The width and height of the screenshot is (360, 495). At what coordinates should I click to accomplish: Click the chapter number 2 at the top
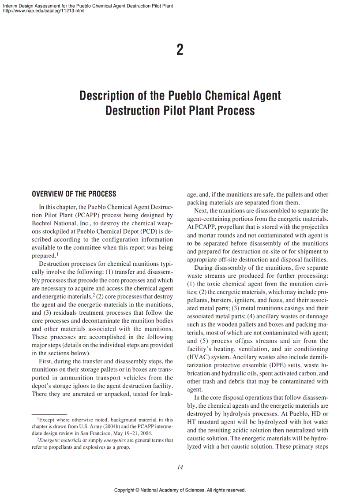point(180,50)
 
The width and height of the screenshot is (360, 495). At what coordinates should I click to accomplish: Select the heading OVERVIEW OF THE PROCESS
point(74,194)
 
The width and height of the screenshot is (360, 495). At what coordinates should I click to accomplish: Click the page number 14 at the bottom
point(180,468)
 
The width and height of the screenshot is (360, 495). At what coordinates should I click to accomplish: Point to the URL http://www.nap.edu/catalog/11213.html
point(44,11)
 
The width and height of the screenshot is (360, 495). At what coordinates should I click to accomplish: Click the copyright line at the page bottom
point(180,490)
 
